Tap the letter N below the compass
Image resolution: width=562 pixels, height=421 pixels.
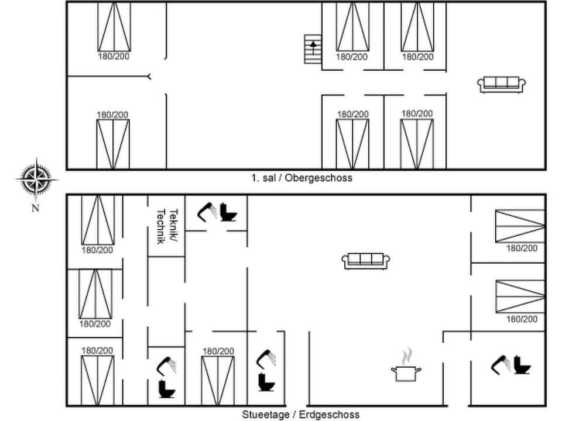35,208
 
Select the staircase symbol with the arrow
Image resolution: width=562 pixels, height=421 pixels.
313,49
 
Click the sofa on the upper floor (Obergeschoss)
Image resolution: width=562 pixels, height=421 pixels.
502,84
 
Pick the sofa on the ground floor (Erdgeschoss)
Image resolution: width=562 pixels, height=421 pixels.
366,261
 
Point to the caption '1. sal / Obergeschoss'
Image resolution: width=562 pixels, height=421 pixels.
301,178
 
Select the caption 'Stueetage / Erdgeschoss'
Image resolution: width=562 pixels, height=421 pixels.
300,415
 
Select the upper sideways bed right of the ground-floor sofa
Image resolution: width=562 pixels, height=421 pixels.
520,226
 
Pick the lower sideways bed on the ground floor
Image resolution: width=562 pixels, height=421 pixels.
520,296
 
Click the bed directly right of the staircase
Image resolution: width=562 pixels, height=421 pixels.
352,27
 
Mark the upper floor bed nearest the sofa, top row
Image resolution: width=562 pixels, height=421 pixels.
417,27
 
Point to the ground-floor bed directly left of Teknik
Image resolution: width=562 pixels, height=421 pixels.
97,220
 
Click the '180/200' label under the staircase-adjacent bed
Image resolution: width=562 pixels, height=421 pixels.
352,57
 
